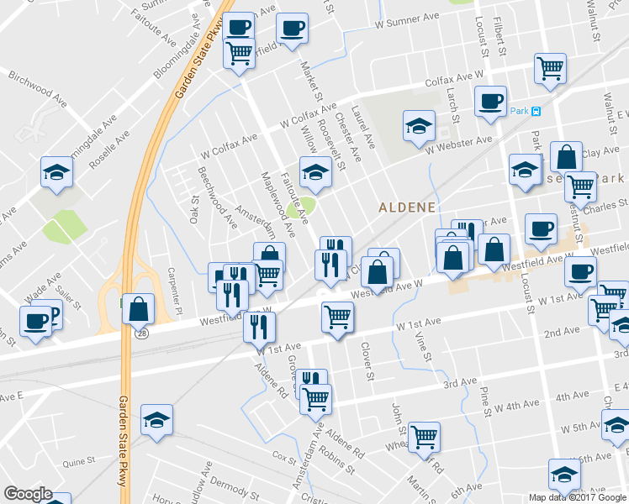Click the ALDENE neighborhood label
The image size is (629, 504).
406,207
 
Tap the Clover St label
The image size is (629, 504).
367,360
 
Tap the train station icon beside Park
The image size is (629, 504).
536,111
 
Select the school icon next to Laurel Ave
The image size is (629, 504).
418,126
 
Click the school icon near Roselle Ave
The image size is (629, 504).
56,171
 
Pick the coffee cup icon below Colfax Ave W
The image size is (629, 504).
489,101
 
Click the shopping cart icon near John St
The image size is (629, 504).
425,435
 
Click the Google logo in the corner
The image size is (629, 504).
28,495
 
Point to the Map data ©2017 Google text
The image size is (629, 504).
577,496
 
